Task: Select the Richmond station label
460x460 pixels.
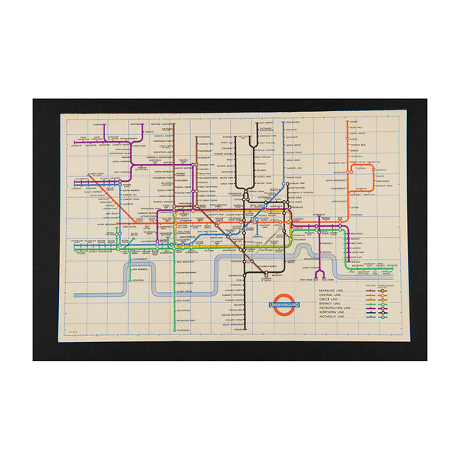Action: tap(140, 282)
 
